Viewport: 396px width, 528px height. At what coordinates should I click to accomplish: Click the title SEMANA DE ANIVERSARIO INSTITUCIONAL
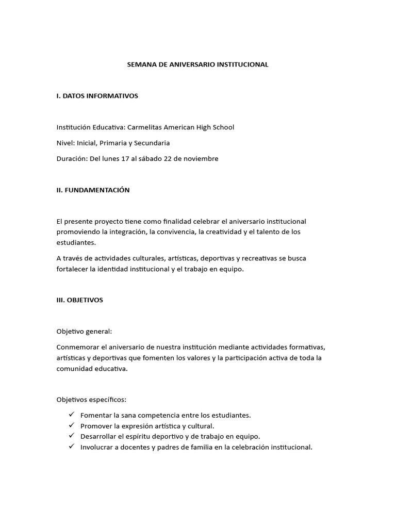tap(198, 64)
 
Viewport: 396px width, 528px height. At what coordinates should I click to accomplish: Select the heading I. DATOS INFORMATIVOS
tap(97, 96)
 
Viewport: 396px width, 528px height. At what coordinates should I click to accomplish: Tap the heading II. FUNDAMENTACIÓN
tap(93, 190)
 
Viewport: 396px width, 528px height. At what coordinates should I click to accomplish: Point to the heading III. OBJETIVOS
tap(79, 300)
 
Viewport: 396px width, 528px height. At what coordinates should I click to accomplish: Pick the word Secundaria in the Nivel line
tap(153, 143)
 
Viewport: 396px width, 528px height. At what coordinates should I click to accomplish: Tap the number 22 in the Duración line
tap(166, 158)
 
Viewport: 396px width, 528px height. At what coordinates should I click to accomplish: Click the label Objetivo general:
tap(84, 331)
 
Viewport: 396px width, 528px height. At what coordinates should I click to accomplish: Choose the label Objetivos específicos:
tap(91, 400)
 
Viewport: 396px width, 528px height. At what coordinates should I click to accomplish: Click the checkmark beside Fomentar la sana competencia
tap(71, 415)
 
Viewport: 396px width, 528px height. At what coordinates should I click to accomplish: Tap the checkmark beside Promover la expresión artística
tap(71, 425)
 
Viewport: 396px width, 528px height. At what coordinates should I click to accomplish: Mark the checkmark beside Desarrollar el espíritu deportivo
tap(71, 436)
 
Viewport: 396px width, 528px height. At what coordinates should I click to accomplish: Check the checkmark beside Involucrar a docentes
tap(71, 447)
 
